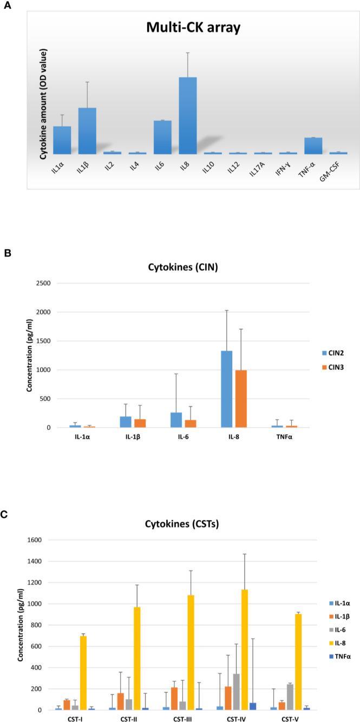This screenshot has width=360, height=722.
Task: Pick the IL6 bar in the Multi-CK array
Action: pos(162,137)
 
